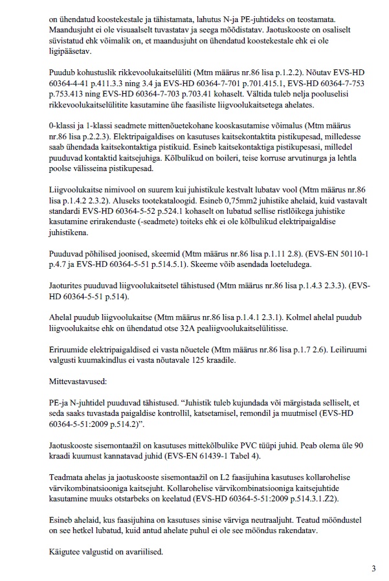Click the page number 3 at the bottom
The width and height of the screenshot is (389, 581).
(373, 569)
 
